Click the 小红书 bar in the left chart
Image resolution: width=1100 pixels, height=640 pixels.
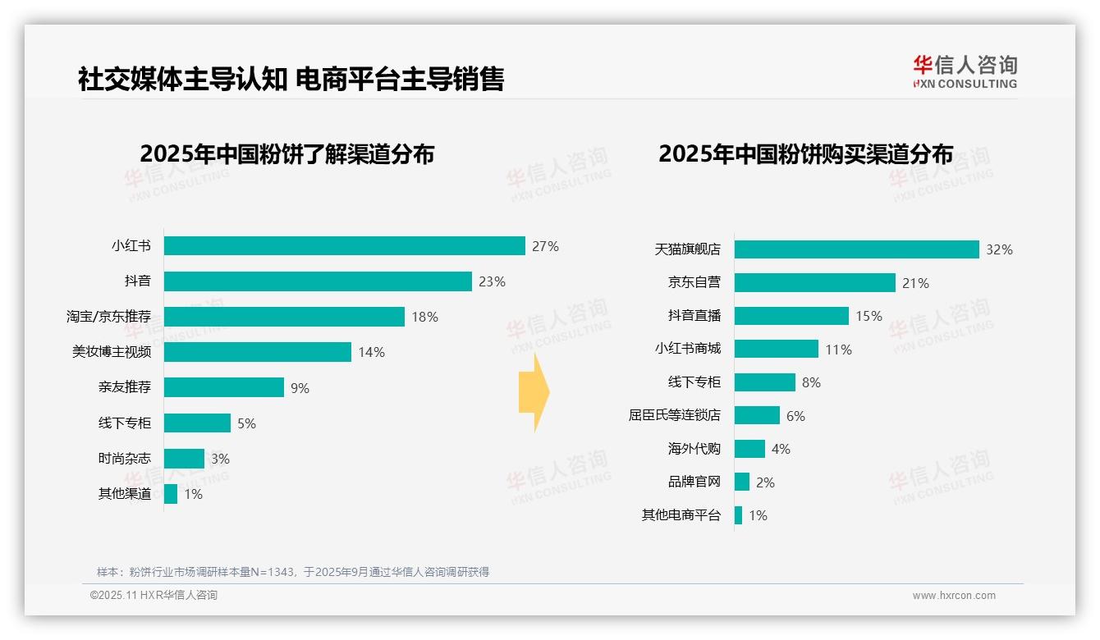click(344, 246)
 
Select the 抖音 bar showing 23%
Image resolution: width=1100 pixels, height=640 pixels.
click(318, 281)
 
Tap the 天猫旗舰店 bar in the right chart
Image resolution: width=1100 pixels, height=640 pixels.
click(856, 249)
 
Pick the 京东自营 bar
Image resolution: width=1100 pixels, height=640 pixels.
click(814, 283)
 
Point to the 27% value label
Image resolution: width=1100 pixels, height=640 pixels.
click(545, 246)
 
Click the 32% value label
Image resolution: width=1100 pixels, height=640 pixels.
click(999, 249)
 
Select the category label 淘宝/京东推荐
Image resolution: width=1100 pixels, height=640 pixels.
click(108, 317)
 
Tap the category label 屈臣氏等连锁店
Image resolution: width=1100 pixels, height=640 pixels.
click(674, 415)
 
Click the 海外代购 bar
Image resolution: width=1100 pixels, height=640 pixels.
click(749, 449)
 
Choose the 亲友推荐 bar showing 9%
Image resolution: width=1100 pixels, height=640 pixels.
click(223, 387)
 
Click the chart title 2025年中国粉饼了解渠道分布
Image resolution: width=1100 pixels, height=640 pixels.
click(286, 154)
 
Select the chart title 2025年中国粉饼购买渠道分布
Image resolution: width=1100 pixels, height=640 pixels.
click(805, 154)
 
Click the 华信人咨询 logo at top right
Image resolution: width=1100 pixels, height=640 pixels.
click(965, 71)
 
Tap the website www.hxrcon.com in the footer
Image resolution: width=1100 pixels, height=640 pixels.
click(954, 596)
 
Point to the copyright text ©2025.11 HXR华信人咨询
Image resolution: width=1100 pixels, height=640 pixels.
click(154, 596)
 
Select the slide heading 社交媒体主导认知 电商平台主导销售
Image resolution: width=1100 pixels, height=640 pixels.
click(291, 80)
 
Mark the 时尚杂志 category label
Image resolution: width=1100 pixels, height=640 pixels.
click(124, 459)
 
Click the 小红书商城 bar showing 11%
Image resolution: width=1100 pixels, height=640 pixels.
click(776, 349)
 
